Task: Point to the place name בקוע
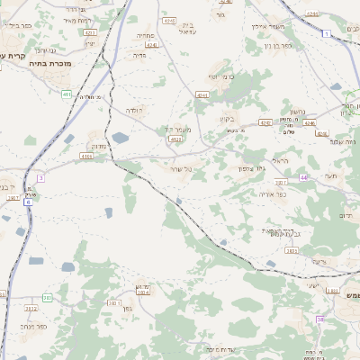pos(226,118)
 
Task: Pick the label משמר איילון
pos(265,25)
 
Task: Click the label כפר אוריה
pos(273,194)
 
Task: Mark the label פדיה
pos(139,55)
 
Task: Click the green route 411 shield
pos(67,94)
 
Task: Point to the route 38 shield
pos(319,319)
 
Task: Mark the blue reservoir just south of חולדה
pos(120,138)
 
